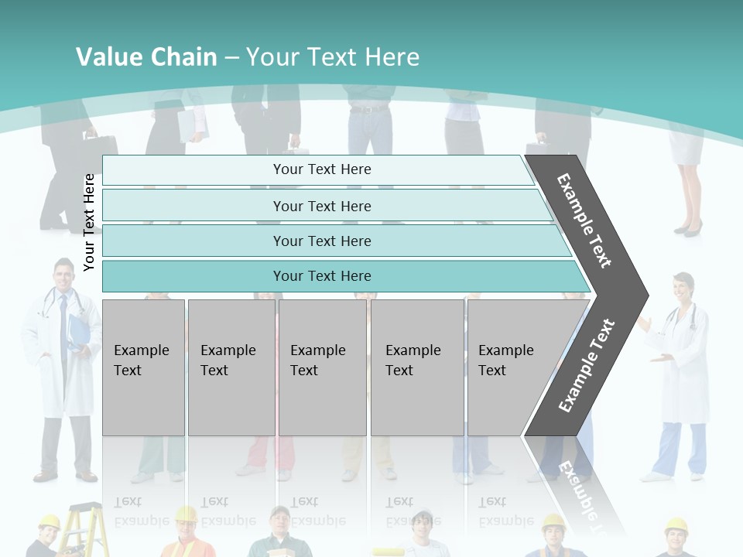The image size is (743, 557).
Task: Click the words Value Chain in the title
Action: tap(146, 57)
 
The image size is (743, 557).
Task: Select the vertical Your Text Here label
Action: tap(89, 222)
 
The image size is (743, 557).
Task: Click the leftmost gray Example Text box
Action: tap(143, 367)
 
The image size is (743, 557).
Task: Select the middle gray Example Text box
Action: tap(322, 367)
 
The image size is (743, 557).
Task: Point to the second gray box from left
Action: tap(231, 367)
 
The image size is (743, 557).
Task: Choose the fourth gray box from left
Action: tap(416, 367)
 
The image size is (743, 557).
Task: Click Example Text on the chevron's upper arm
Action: tap(585, 220)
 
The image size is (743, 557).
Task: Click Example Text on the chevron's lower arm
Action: tap(587, 365)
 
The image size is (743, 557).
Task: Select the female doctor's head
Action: tap(681, 289)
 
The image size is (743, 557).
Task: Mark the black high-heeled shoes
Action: tap(687, 228)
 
